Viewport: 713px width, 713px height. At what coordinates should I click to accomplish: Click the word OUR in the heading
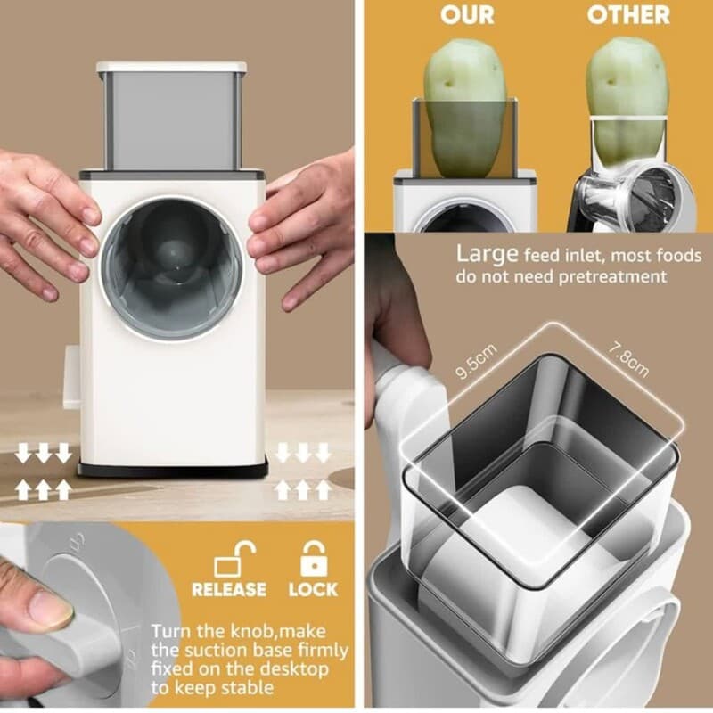(467, 15)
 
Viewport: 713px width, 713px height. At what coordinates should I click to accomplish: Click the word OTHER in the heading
(628, 15)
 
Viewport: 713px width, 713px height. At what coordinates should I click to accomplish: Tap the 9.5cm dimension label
(476, 362)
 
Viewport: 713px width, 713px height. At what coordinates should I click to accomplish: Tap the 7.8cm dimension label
(629, 360)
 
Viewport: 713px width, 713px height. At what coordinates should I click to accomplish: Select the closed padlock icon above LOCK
(314, 559)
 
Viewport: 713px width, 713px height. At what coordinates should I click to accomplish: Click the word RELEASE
(229, 590)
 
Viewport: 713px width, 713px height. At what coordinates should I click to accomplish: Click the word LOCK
(314, 590)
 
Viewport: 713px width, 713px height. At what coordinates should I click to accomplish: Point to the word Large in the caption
(487, 255)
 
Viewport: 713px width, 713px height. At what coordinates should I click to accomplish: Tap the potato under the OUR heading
(464, 107)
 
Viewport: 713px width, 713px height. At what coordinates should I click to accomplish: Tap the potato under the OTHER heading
(627, 102)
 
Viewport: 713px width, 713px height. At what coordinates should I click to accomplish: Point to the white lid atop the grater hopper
(171, 67)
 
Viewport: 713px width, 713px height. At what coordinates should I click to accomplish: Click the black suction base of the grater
(172, 470)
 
